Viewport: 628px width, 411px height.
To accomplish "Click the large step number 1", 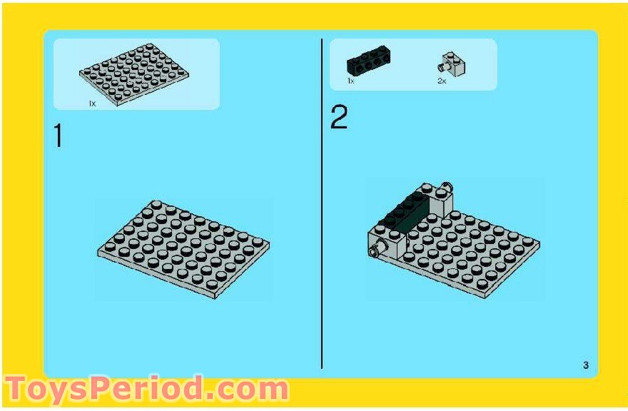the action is (59, 136).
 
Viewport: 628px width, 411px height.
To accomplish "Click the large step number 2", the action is (339, 116).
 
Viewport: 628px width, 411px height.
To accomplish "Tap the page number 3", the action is (586, 365).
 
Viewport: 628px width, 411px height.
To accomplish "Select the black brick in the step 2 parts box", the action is (368, 61).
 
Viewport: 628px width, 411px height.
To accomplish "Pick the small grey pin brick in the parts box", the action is (452, 64).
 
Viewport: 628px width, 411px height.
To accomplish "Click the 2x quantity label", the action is (441, 81).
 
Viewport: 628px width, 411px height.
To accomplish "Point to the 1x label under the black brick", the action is (351, 81).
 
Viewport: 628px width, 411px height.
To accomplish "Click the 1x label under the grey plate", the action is (93, 103).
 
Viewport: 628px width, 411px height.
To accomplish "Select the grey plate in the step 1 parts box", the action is (134, 74).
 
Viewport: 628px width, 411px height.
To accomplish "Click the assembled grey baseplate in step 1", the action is (183, 249).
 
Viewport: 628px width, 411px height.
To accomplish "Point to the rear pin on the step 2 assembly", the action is (446, 186).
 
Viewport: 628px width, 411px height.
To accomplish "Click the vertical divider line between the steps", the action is (322, 203).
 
